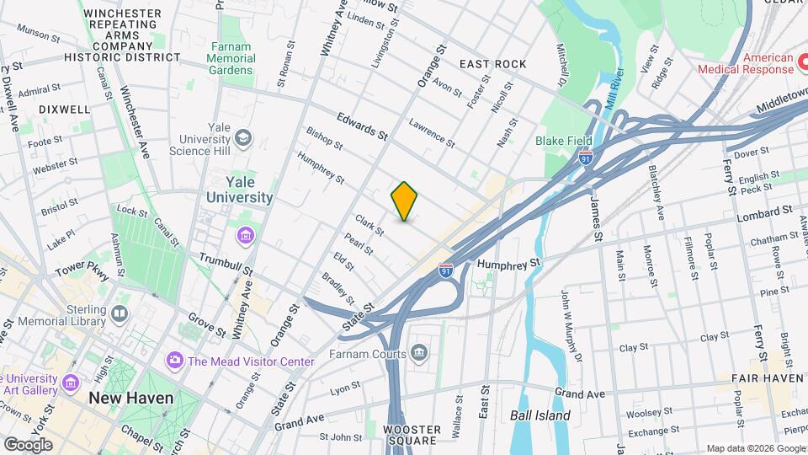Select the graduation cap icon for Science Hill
[x=243, y=137]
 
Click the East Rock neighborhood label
[x=492, y=64]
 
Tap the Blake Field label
[x=563, y=141]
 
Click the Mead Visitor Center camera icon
[x=174, y=361]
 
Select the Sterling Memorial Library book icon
[x=120, y=315]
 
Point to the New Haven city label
[x=131, y=398]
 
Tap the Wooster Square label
[x=412, y=435]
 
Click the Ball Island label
[x=540, y=415]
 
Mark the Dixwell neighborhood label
[x=64, y=110]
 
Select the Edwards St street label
[x=363, y=126]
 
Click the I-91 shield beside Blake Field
[x=586, y=157]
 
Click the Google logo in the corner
[x=28, y=444]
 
